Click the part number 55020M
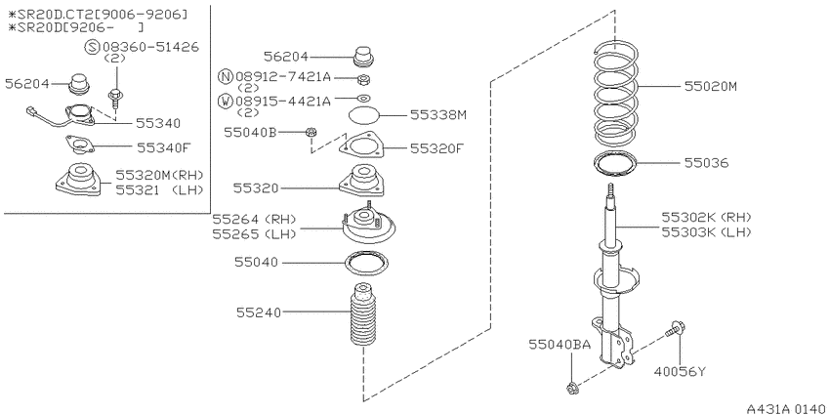710,86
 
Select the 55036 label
706,163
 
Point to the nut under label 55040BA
571,389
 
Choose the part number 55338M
438,115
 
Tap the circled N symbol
226,77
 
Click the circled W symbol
226,101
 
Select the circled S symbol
92,47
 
